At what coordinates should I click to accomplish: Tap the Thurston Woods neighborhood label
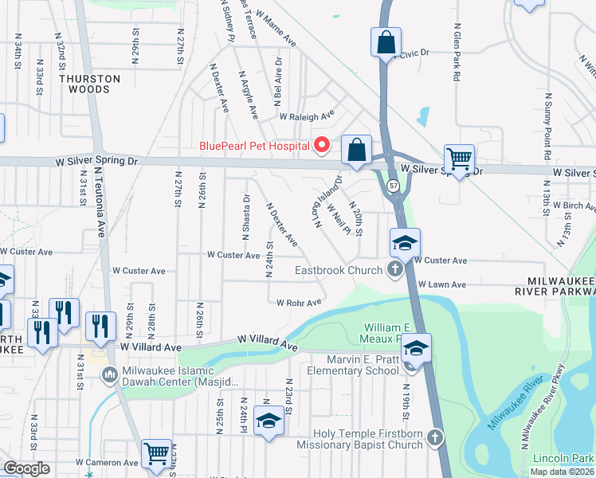point(90,84)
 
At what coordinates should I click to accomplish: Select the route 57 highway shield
point(394,186)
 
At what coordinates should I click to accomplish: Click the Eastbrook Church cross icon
point(394,270)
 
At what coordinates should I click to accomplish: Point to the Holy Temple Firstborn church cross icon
point(434,437)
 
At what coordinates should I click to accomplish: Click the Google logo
point(26,468)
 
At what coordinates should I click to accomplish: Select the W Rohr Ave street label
point(299,302)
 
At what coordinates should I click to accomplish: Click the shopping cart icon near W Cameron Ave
point(158,453)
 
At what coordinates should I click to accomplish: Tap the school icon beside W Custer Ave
point(405,243)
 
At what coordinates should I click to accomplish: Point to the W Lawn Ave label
point(445,284)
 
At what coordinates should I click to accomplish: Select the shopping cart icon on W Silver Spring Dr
point(460,159)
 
